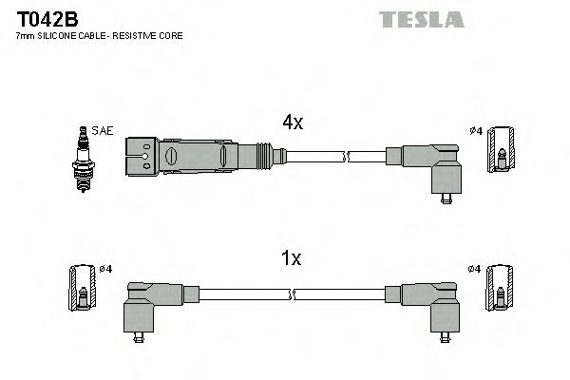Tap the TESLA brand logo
pyautogui.click(x=421, y=18)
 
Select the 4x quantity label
pyautogui.click(x=293, y=122)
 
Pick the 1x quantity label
pyautogui.click(x=293, y=257)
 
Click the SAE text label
pyautogui.click(x=102, y=129)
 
